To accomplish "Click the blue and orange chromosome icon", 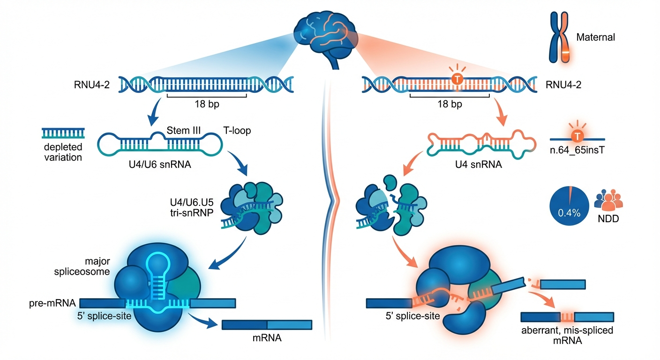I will pyautogui.click(x=559, y=37).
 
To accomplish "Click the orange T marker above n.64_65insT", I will pyautogui.click(x=577, y=136).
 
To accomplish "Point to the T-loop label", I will pyautogui.click(x=236, y=130).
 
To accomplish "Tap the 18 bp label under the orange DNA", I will pyautogui.click(x=450, y=104).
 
